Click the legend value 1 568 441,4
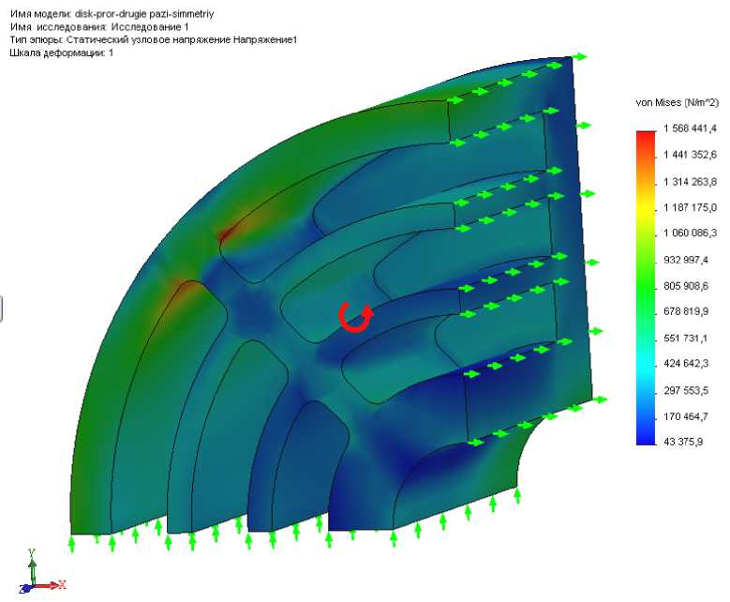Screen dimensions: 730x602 (x=691, y=128)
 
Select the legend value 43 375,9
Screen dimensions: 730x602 (x=683, y=442)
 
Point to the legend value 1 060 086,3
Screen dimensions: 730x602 (x=691, y=233)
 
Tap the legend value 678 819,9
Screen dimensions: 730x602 (x=686, y=311)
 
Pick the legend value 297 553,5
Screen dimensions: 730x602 (x=686, y=390)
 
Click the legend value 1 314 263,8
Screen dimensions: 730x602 (x=691, y=182)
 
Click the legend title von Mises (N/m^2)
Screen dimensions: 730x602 (x=678, y=102)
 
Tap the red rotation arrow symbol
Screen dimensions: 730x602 (x=356, y=317)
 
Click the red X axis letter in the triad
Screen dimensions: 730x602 (x=62, y=584)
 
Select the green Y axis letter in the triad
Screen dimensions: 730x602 (x=32, y=552)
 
